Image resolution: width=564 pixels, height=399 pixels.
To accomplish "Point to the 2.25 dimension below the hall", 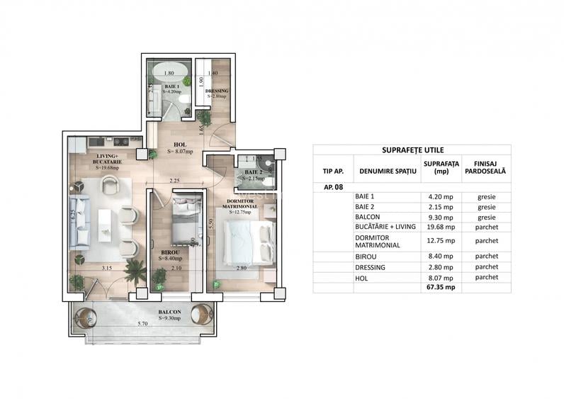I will pos(175,181).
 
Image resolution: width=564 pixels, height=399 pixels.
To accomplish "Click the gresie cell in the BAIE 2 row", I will pos(487,206).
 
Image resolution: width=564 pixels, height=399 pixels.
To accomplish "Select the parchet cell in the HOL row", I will pos(487,278).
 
